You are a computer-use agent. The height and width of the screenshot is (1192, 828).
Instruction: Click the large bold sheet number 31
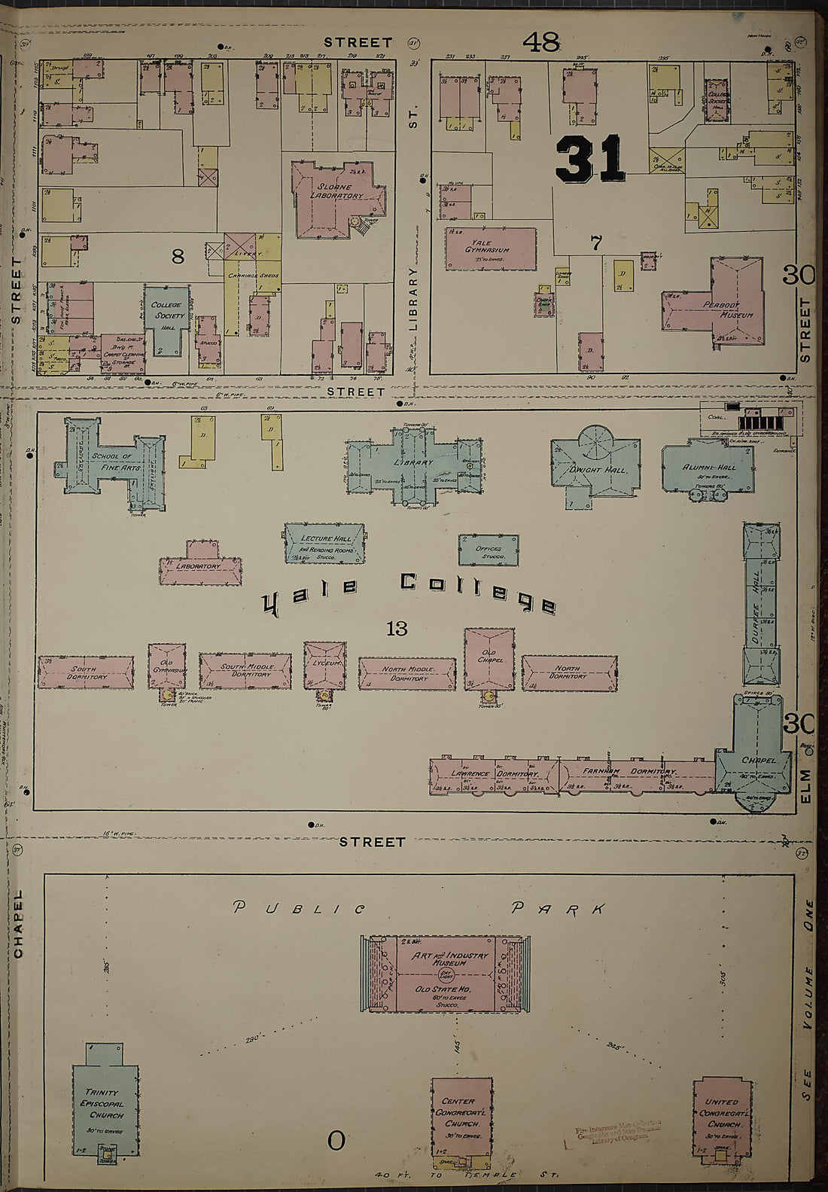pyautogui.click(x=590, y=159)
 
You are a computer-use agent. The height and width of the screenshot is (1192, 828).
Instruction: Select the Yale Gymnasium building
pyautogui.click(x=490, y=248)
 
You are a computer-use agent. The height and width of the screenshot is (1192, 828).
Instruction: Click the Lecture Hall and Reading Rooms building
pyautogui.click(x=325, y=544)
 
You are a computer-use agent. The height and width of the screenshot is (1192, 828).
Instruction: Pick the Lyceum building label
pyautogui.click(x=324, y=663)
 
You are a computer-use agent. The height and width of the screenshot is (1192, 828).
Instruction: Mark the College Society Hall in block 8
pyautogui.click(x=166, y=316)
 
